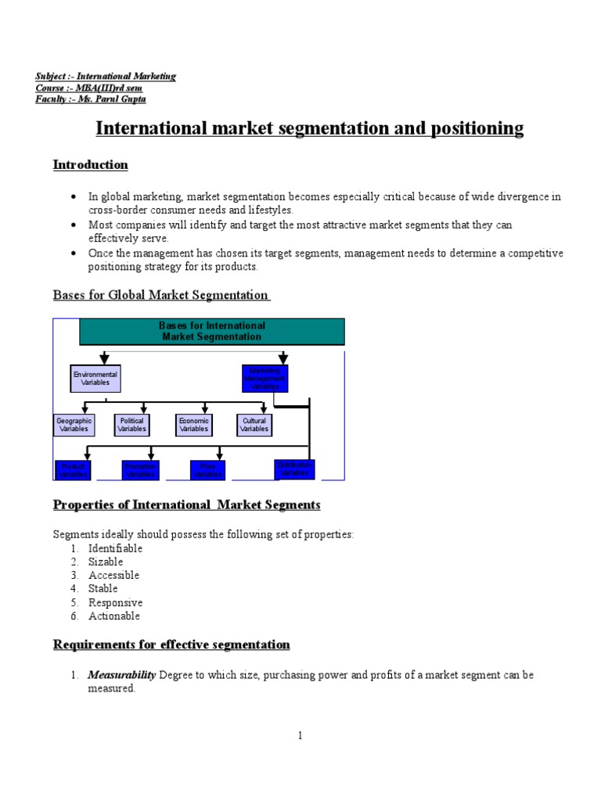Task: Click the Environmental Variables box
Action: [x=95, y=379]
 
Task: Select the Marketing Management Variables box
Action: [x=265, y=379]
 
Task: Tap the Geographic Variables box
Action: [x=74, y=425]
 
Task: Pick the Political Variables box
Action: [x=131, y=425]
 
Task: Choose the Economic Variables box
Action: [x=193, y=425]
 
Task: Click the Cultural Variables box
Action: [x=254, y=425]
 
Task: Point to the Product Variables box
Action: [x=74, y=470]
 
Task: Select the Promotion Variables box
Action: [x=141, y=470]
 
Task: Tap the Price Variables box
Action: [x=207, y=470]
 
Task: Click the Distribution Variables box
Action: [x=294, y=469]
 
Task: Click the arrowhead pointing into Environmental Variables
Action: [x=104, y=360]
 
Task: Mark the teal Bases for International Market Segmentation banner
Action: [x=212, y=332]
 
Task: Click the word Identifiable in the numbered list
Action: [x=115, y=548]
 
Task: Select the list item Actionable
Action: [x=114, y=616]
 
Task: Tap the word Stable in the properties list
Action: [x=103, y=589]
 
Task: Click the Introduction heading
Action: [x=90, y=165]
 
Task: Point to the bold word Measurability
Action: [x=121, y=675]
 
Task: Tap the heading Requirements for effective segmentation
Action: [x=171, y=645]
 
